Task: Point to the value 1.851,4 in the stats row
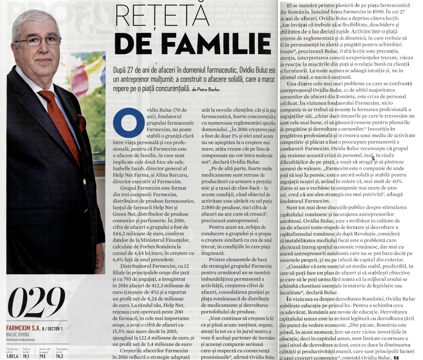tap(13, 356)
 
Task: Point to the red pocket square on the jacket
tap(81, 122)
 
